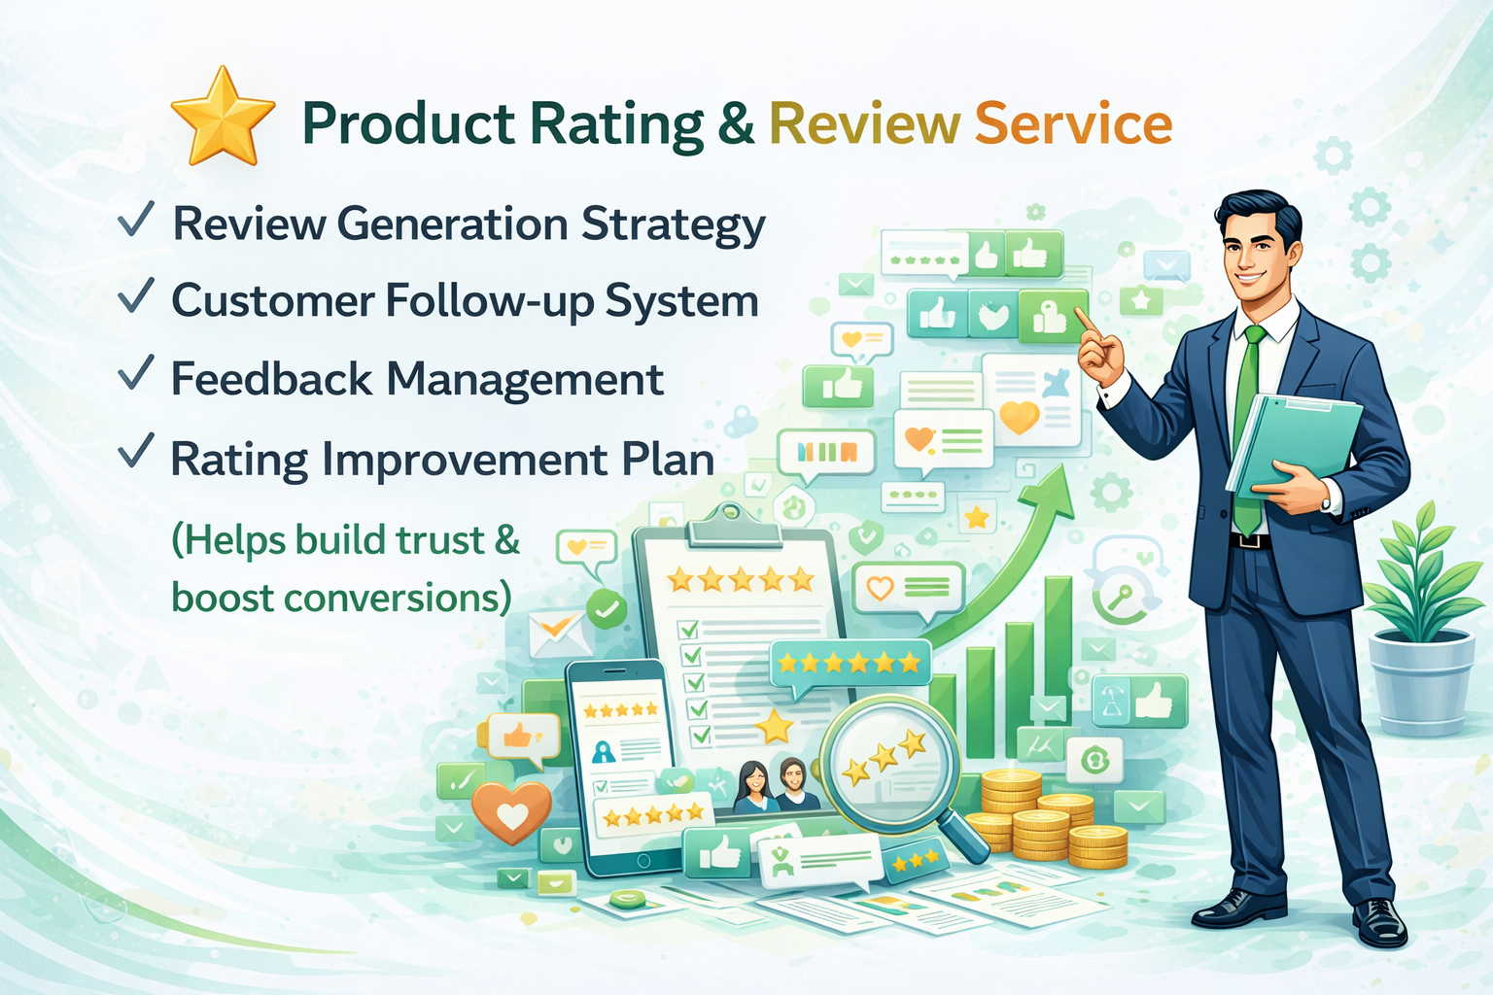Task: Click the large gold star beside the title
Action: [x=223, y=118]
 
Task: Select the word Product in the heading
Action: [x=408, y=123]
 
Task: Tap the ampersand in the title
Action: [x=737, y=123]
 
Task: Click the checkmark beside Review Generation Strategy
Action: [x=136, y=219]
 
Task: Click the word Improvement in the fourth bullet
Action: [x=465, y=460]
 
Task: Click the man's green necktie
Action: [x=1246, y=427]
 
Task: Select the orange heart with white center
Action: [x=511, y=811]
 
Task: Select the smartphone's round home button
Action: [x=643, y=861]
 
